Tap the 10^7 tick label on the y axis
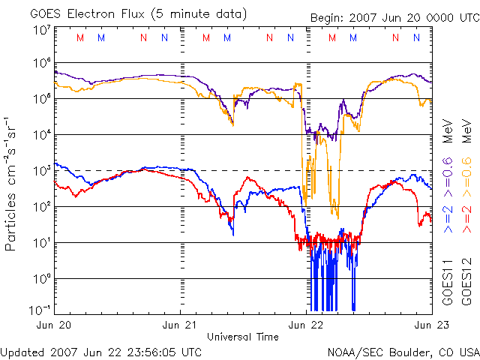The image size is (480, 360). coord(42,30)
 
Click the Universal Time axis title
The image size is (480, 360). coord(242,337)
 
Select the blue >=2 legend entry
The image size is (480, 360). coord(448,217)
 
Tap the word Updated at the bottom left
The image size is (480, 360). coord(22,352)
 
